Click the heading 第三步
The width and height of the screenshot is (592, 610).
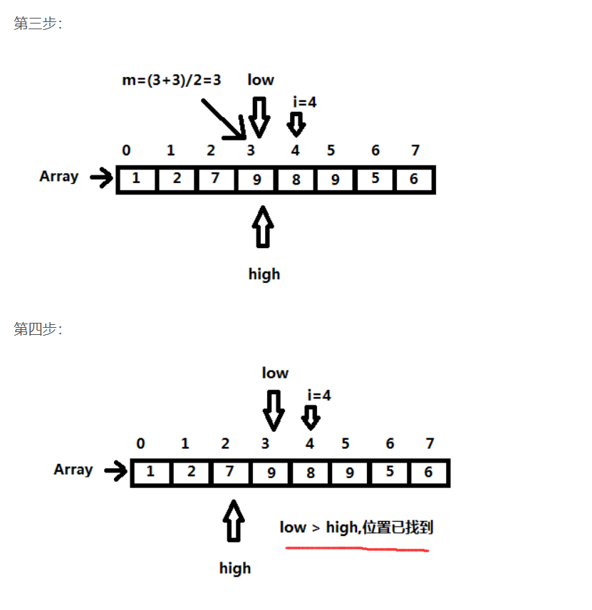(x=38, y=24)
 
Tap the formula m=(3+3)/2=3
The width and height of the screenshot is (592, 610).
(x=171, y=80)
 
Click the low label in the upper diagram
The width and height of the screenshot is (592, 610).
(x=260, y=79)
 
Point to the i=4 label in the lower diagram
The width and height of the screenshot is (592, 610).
(x=318, y=395)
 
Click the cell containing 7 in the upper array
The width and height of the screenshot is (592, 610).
(x=215, y=179)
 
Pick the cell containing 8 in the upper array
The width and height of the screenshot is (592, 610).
(x=295, y=179)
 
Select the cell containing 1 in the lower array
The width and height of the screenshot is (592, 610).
(x=150, y=472)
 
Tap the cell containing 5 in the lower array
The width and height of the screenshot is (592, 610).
(x=389, y=472)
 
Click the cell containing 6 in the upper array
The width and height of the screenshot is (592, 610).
(x=414, y=179)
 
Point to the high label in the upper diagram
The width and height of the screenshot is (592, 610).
(x=264, y=274)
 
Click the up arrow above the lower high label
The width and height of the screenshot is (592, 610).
(x=234, y=521)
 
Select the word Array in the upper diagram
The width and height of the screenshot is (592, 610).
(x=58, y=176)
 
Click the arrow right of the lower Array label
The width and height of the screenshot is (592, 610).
(x=115, y=470)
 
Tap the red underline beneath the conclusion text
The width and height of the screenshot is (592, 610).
(x=356, y=549)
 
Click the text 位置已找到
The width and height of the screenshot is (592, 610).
(x=398, y=527)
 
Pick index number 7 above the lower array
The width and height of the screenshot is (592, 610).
(x=430, y=444)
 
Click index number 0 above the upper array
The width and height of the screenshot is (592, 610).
(x=126, y=150)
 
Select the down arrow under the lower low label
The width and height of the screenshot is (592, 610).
(x=274, y=409)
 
